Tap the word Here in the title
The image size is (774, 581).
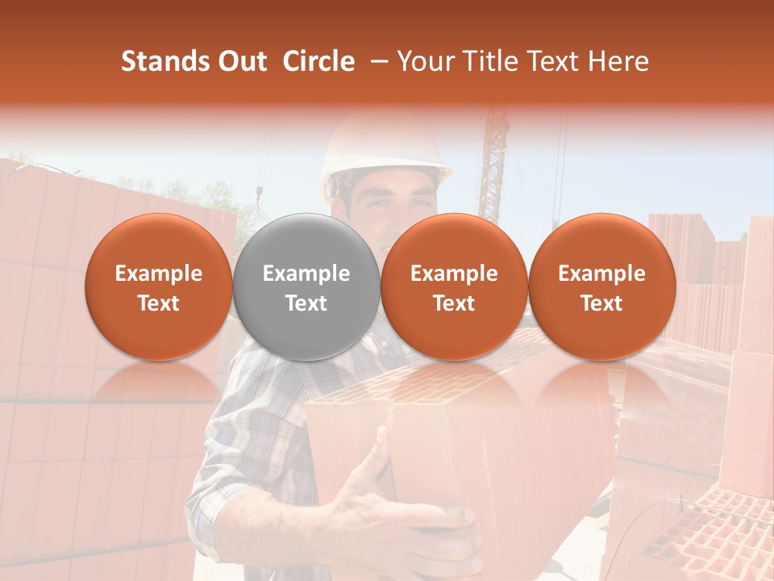click(620, 61)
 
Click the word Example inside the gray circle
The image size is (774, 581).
click(306, 274)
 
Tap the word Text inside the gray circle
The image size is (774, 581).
click(306, 303)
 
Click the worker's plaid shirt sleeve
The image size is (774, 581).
click(242, 452)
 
